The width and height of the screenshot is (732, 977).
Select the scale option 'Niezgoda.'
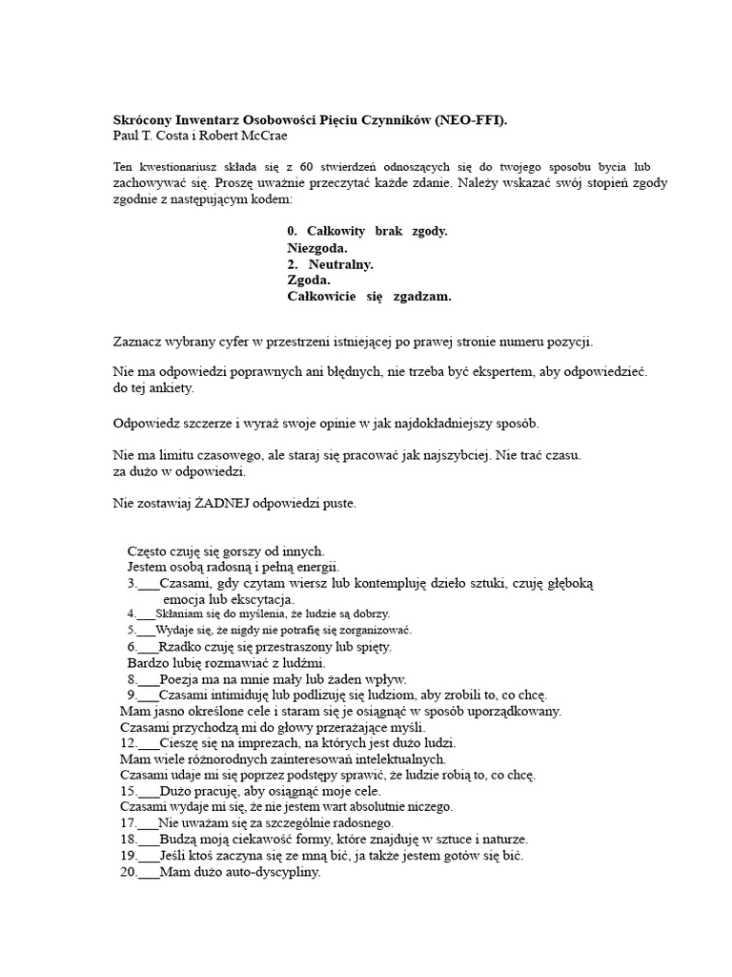click(317, 248)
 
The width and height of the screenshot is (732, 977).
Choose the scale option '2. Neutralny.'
click(330, 264)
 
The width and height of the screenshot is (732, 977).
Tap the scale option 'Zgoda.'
click(309, 281)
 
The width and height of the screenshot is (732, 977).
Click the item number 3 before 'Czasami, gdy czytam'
click(131, 583)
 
